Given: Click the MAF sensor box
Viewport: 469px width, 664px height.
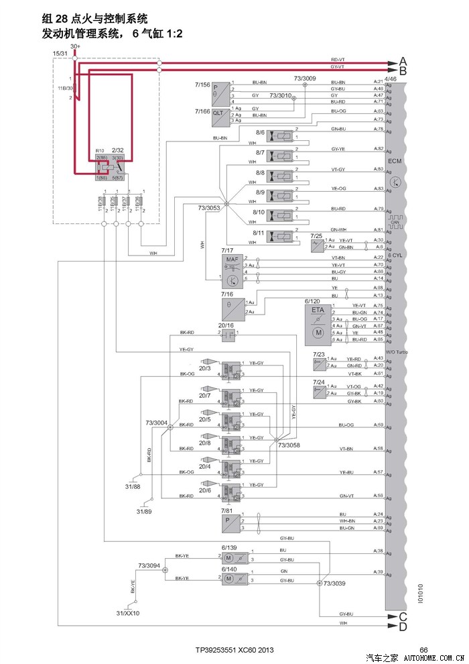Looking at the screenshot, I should point(232,268).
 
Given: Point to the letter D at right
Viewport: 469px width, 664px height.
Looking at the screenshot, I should point(403,627).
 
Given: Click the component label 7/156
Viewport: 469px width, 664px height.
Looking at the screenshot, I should point(202,85).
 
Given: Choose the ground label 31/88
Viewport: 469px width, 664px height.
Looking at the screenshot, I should point(133,486).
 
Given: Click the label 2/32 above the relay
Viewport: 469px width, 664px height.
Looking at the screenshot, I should point(118,152).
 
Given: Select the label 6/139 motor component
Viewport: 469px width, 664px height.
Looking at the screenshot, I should point(229,547).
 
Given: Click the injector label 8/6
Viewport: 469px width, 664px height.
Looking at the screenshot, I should point(260,133).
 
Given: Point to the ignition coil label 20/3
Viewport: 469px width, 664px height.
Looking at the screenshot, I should point(204,368).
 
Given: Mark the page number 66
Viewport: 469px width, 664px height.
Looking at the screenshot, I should point(423,649).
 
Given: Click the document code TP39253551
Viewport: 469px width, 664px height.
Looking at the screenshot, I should point(216,650).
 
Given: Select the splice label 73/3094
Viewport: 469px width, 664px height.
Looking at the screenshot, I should point(149,566).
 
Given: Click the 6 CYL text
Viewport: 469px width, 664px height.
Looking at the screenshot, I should point(396,256).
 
